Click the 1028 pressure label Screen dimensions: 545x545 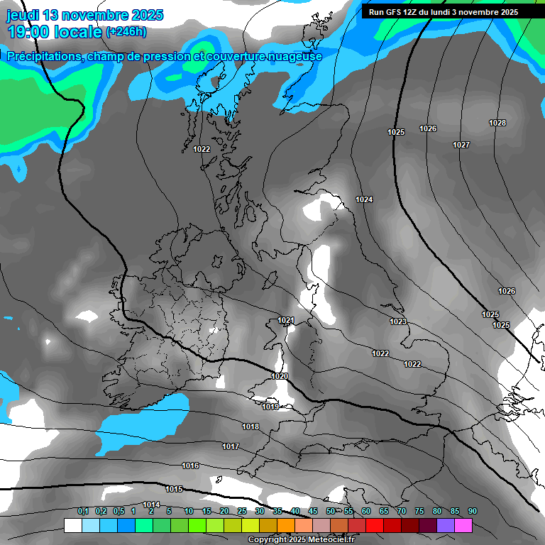[x=497, y=123]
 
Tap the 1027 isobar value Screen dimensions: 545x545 [x=461, y=145]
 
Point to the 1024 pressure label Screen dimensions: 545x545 [x=364, y=200]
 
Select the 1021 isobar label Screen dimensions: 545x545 [x=286, y=321]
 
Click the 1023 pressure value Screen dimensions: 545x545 [x=398, y=322]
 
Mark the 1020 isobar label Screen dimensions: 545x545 [x=280, y=376]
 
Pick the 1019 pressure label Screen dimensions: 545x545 [x=270, y=407]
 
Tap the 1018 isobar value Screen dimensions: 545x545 [x=251, y=427]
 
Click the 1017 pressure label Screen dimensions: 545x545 [x=230, y=447]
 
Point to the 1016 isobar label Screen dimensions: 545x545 [x=190, y=466]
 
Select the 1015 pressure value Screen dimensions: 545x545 [x=174, y=490]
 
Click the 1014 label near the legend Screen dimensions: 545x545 [x=151, y=505]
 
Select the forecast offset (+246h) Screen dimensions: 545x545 [x=126, y=32]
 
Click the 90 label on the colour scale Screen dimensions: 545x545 [x=473, y=512]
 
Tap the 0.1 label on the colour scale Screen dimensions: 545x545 [x=83, y=512]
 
